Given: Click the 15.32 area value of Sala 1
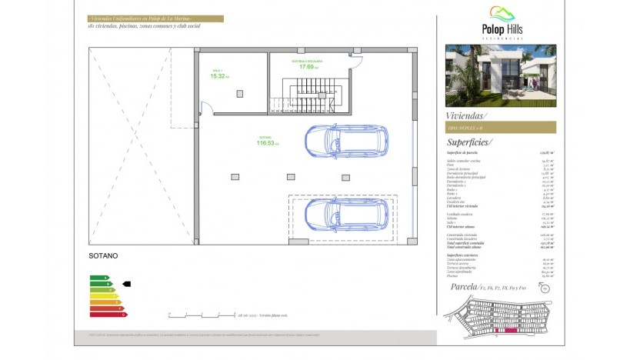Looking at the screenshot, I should point(217,76).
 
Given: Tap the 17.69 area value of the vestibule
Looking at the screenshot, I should point(305,66).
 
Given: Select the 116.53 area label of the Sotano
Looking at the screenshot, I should point(266,143).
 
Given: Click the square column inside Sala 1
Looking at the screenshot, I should point(240,93).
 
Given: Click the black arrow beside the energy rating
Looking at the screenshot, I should point(127,284).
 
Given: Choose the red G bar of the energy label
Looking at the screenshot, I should point(108,315).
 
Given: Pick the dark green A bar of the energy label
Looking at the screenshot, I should point(98,278).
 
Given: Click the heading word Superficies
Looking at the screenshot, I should point(469,142).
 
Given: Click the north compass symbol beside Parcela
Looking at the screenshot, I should point(545,288).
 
